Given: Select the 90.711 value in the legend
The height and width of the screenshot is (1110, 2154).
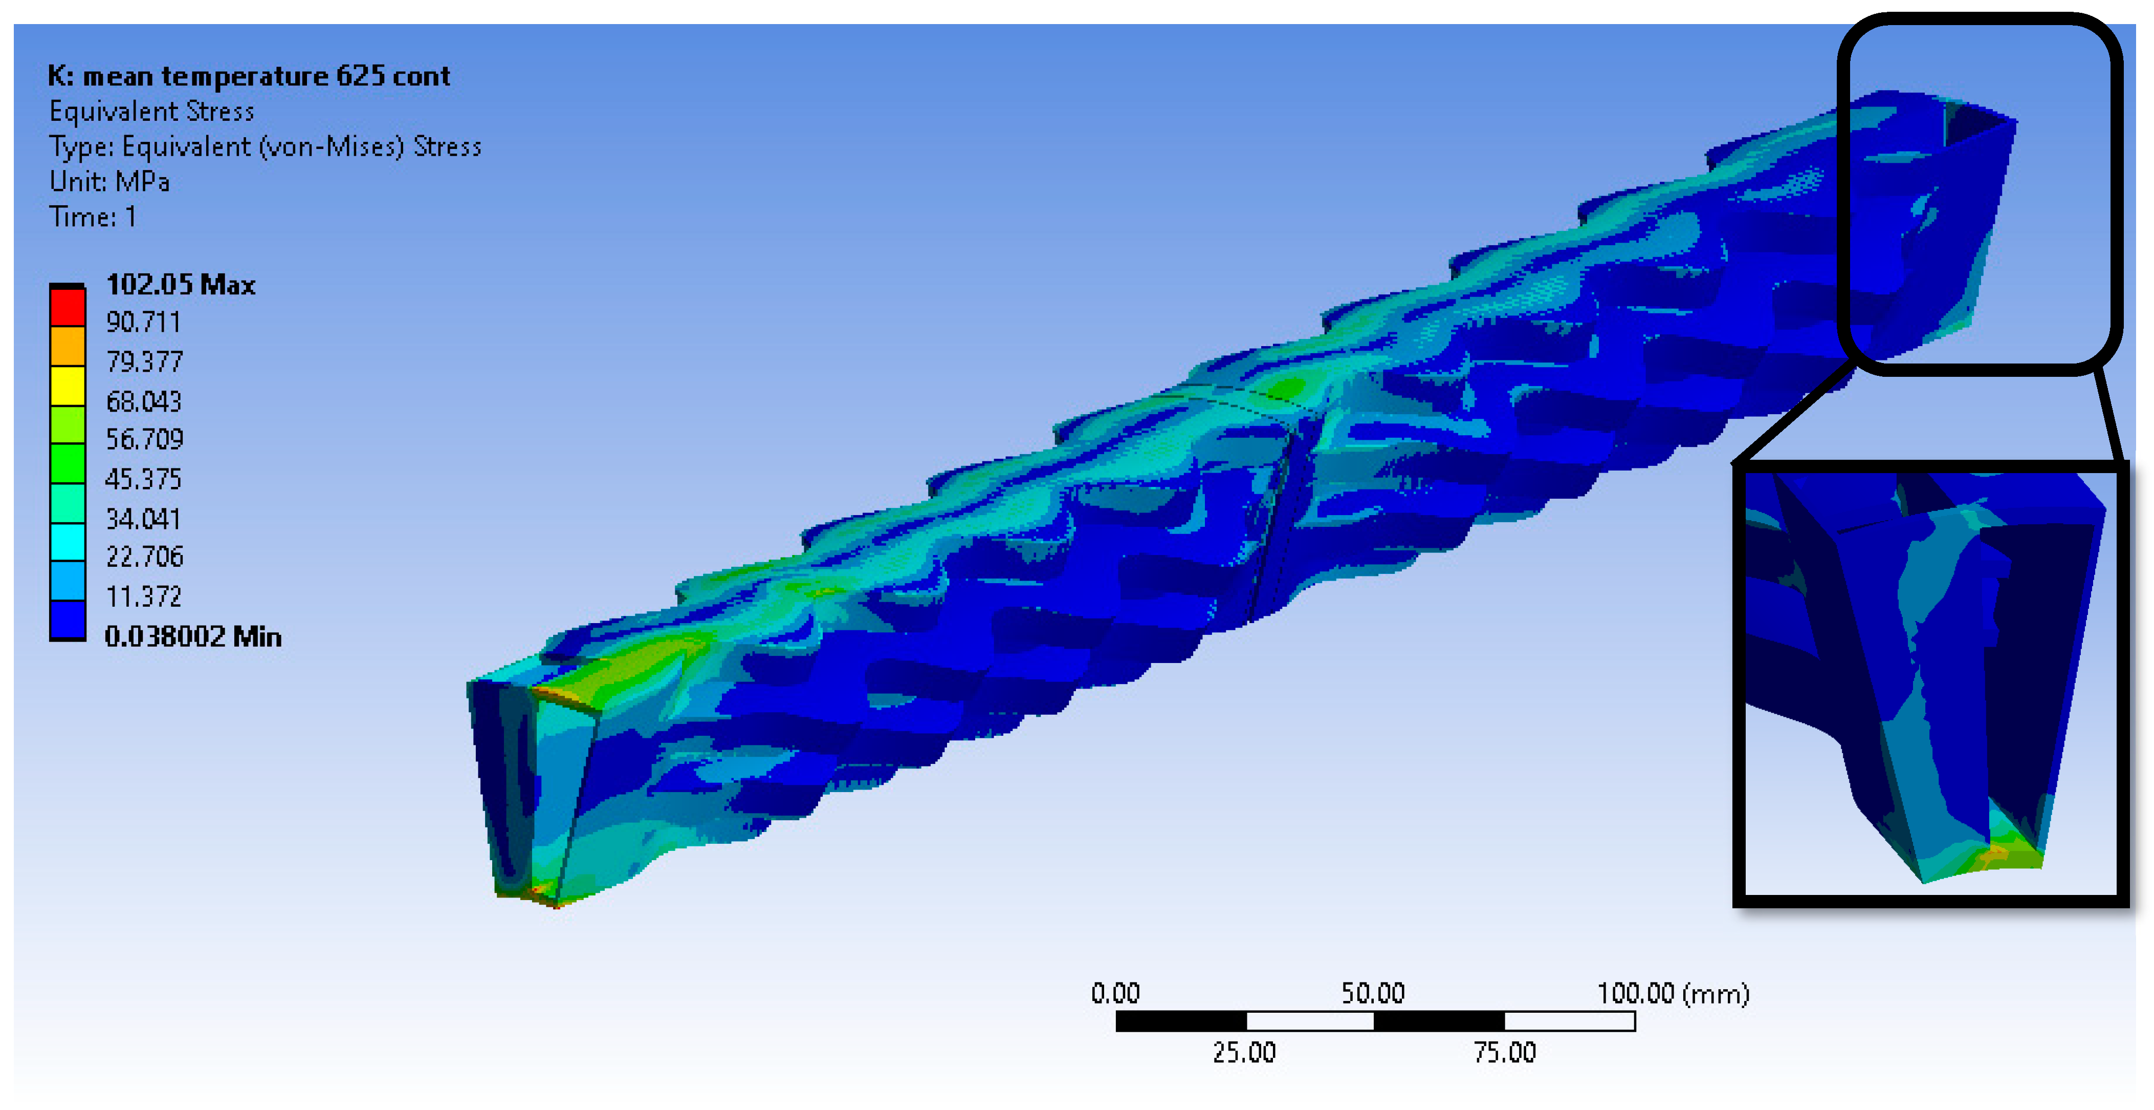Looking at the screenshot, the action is [x=143, y=322].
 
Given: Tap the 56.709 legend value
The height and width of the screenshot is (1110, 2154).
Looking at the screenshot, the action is [x=144, y=439].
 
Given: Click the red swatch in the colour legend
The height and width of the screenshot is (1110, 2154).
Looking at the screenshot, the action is [x=68, y=307].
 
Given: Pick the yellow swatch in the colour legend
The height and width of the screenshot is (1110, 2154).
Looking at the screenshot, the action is [x=68, y=386].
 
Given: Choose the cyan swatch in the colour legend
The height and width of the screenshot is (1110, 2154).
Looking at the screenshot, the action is [x=68, y=542].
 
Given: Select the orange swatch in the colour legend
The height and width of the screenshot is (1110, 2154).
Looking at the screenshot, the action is [x=68, y=346].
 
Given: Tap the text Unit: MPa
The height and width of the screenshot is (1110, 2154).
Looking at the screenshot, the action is [x=109, y=182].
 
